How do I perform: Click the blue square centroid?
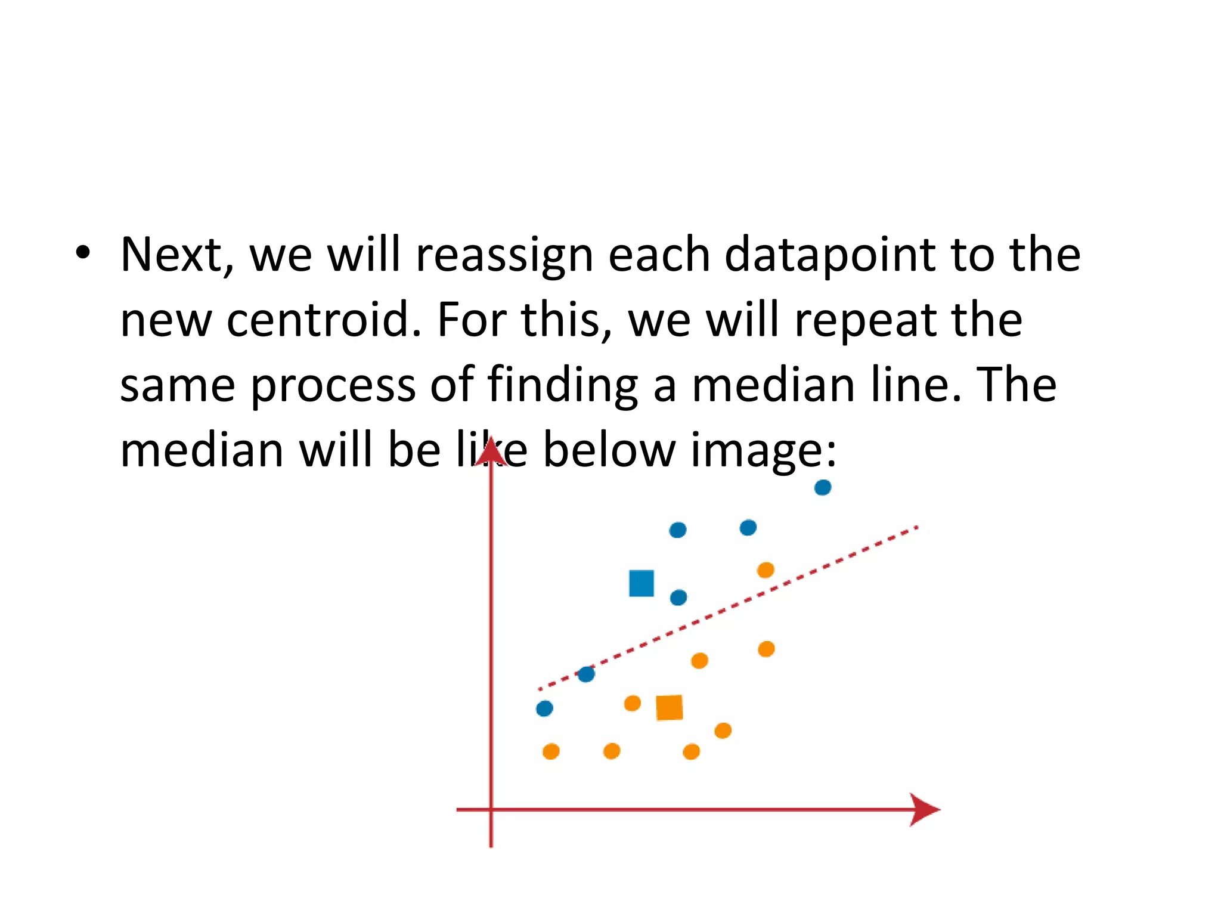(642, 583)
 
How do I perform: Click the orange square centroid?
(670, 708)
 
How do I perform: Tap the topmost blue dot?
(823, 488)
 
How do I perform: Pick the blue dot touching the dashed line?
(586, 674)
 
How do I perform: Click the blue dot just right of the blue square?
(678, 598)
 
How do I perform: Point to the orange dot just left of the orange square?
(632, 704)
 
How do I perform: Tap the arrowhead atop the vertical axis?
(491, 450)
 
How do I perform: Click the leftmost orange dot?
(551, 751)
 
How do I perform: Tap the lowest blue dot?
(544, 708)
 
